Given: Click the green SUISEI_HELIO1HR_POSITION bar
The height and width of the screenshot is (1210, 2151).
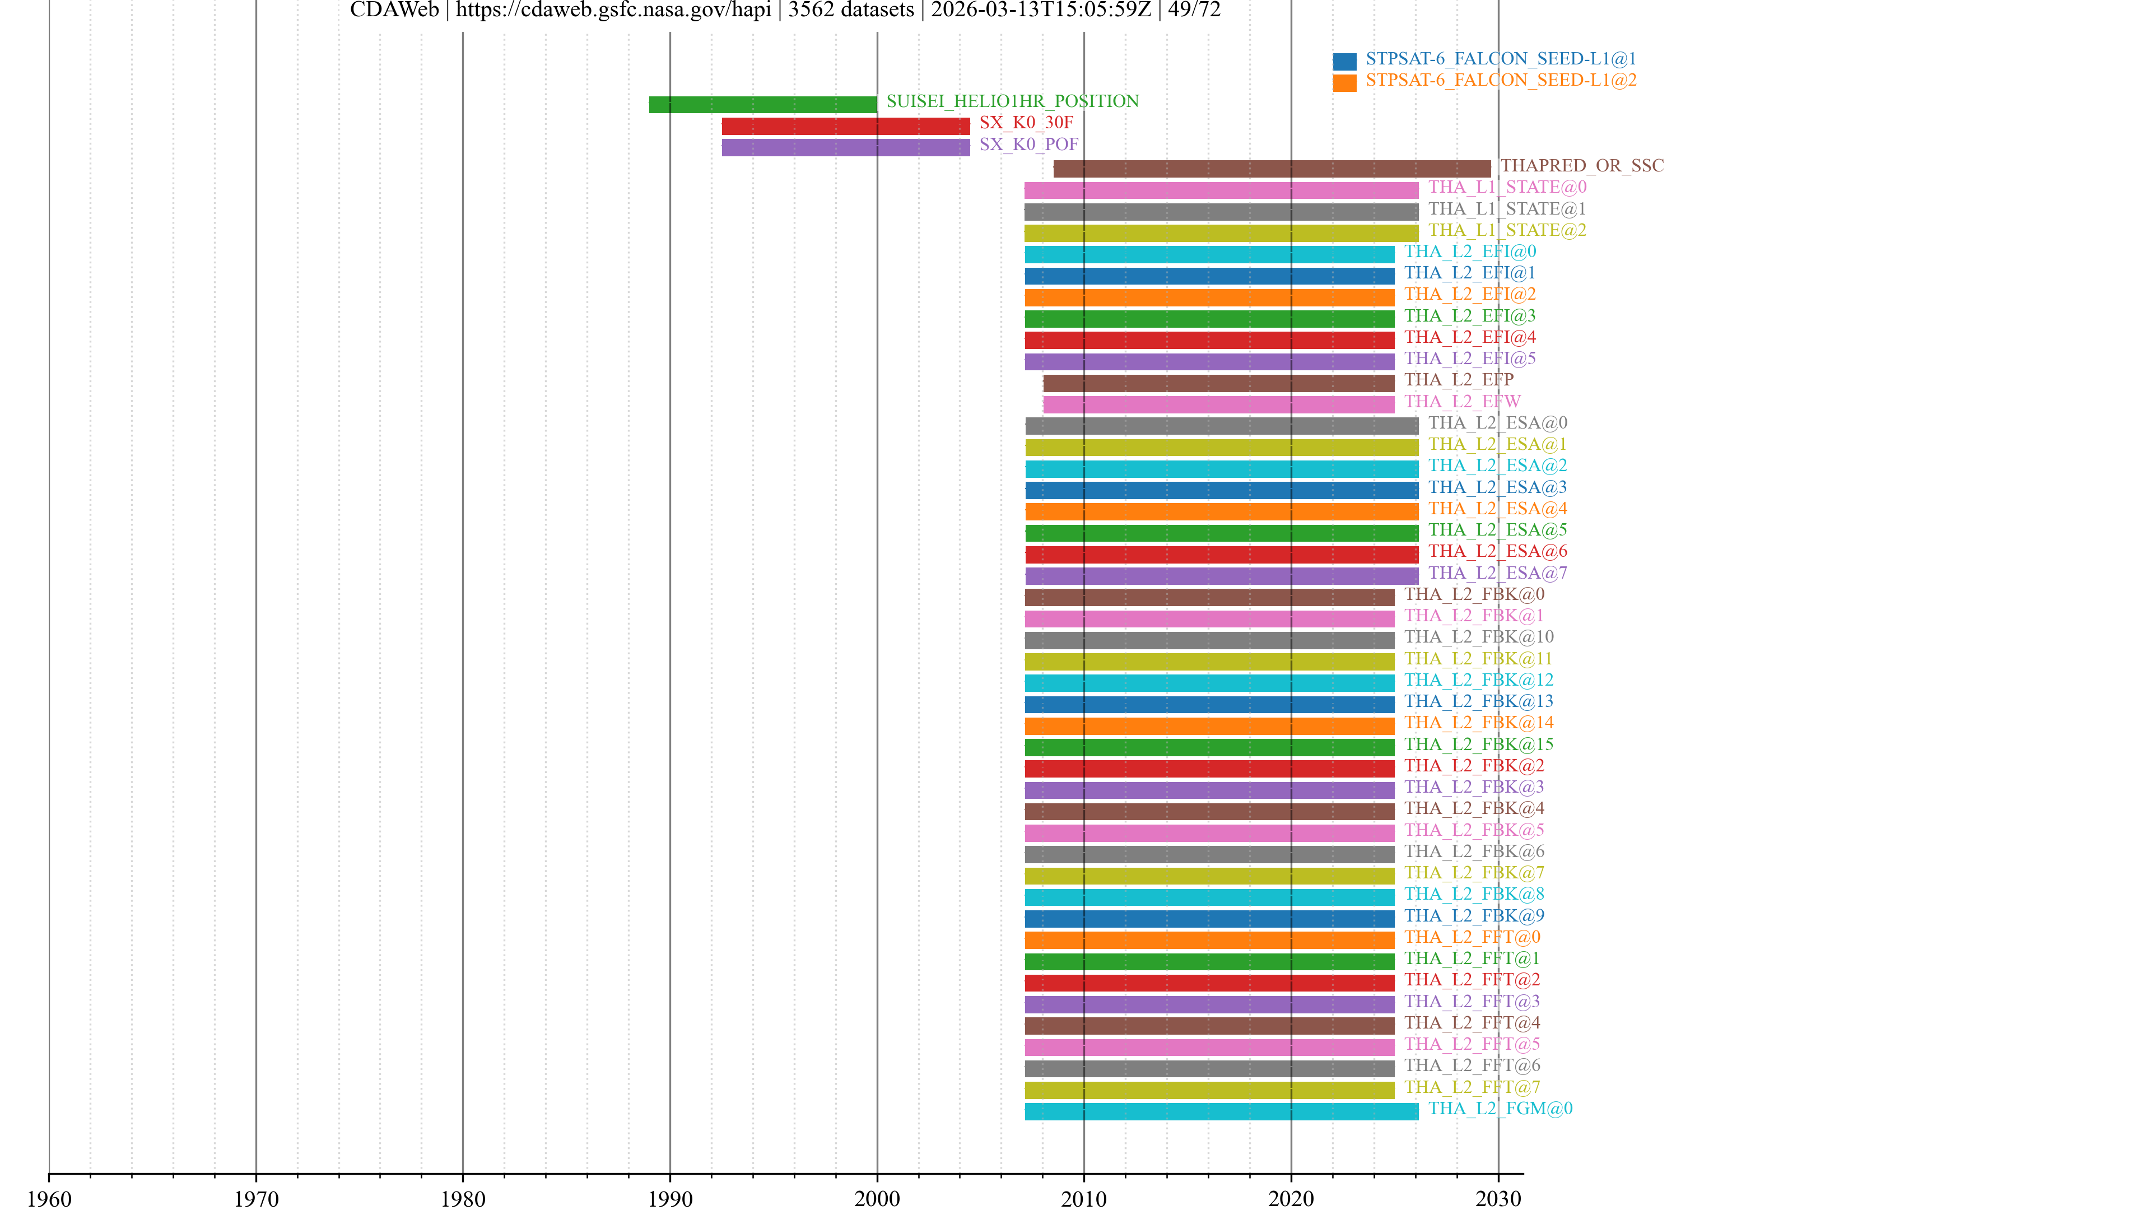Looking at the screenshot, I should point(762,104).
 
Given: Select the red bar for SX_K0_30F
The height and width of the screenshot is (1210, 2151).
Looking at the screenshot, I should point(845,126).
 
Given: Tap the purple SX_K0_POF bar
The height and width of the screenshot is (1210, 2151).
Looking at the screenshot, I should point(845,148).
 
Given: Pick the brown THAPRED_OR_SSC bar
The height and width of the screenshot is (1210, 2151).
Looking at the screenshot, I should point(1271,169).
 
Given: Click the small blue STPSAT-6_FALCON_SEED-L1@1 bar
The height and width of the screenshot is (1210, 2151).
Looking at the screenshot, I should point(1344,61).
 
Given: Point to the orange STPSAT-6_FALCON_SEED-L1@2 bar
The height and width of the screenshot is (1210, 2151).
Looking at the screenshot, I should point(1344,83).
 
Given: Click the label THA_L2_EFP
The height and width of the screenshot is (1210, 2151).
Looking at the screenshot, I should point(1458,380).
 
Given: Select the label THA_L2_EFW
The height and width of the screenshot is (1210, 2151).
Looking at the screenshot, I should point(1461,402).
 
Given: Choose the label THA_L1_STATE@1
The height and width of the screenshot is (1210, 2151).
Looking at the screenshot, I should point(1506,209).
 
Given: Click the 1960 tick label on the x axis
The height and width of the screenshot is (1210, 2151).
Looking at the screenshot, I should point(49,1199).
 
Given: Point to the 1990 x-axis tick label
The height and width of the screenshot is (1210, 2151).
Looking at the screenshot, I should point(670,1199).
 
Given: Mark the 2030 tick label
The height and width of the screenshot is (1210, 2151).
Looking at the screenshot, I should point(1498,1199).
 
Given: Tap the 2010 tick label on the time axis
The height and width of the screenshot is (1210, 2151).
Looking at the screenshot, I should point(1084,1199).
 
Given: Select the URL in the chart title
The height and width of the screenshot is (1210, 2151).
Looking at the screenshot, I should point(613,10).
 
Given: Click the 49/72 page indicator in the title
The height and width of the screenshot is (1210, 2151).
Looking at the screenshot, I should point(1194,10).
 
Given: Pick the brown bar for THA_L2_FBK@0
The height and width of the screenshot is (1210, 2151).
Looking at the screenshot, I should point(1209,597).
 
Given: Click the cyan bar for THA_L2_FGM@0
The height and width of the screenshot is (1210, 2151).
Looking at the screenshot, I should point(1221,1111).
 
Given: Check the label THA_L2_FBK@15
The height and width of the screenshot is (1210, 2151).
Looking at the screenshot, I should point(1478,744).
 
